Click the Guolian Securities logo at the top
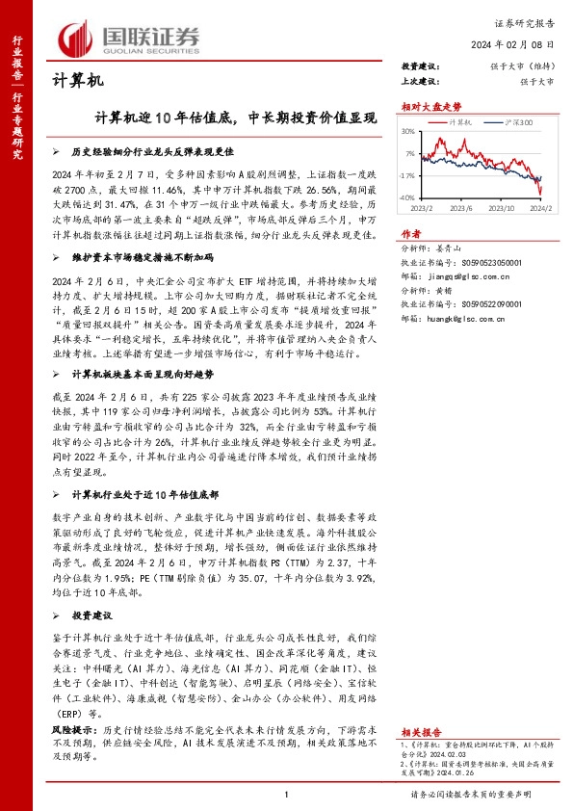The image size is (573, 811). coord(130,37)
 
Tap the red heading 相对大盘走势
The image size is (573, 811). coord(430,108)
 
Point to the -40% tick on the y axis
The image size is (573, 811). coord(408,197)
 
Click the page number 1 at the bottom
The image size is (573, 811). coord(287,794)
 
